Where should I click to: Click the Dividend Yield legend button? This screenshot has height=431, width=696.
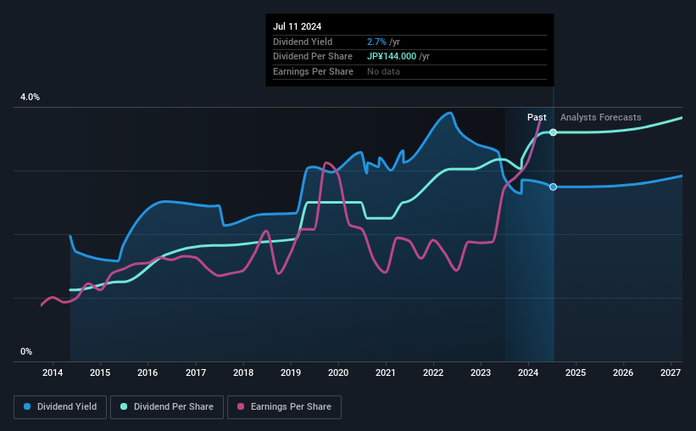pos(60,407)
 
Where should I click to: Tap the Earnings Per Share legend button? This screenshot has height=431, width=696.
pos(285,407)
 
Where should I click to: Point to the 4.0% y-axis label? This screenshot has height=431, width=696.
pos(30,98)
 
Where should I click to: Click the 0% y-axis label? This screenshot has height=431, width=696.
pos(26,351)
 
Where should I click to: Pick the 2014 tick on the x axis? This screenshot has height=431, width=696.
pos(53,373)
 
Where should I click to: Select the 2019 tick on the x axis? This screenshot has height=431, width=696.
pos(291,373)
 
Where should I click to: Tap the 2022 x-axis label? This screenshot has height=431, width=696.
pos(433,373)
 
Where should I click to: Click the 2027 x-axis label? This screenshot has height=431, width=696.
pos(671,373)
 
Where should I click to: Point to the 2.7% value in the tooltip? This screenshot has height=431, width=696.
pos(376,42)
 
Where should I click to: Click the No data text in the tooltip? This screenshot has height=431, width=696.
pos(383,71)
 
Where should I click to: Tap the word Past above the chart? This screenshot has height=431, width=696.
pos(537,117)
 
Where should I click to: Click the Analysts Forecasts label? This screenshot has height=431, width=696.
pos(600,117)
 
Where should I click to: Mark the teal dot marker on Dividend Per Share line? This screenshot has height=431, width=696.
pos(554,132)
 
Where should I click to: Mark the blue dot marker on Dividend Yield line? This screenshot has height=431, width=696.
pos(554,187)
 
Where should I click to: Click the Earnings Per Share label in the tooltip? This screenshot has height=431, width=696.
pos(313,71)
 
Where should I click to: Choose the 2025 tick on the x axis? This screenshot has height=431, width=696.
pos(576,373)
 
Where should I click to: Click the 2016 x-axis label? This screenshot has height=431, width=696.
pos(148,373)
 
